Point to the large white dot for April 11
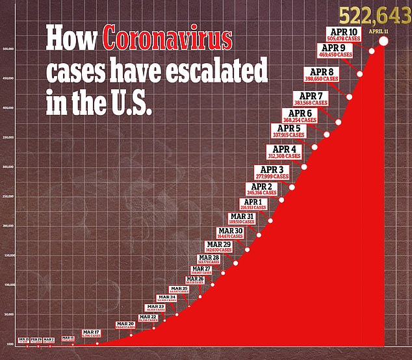(383, 42)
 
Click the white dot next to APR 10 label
(372, 51)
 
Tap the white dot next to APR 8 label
(350, 97)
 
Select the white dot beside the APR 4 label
(303, 167)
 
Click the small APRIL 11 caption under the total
(380, 29)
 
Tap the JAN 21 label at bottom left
(23, 340)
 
